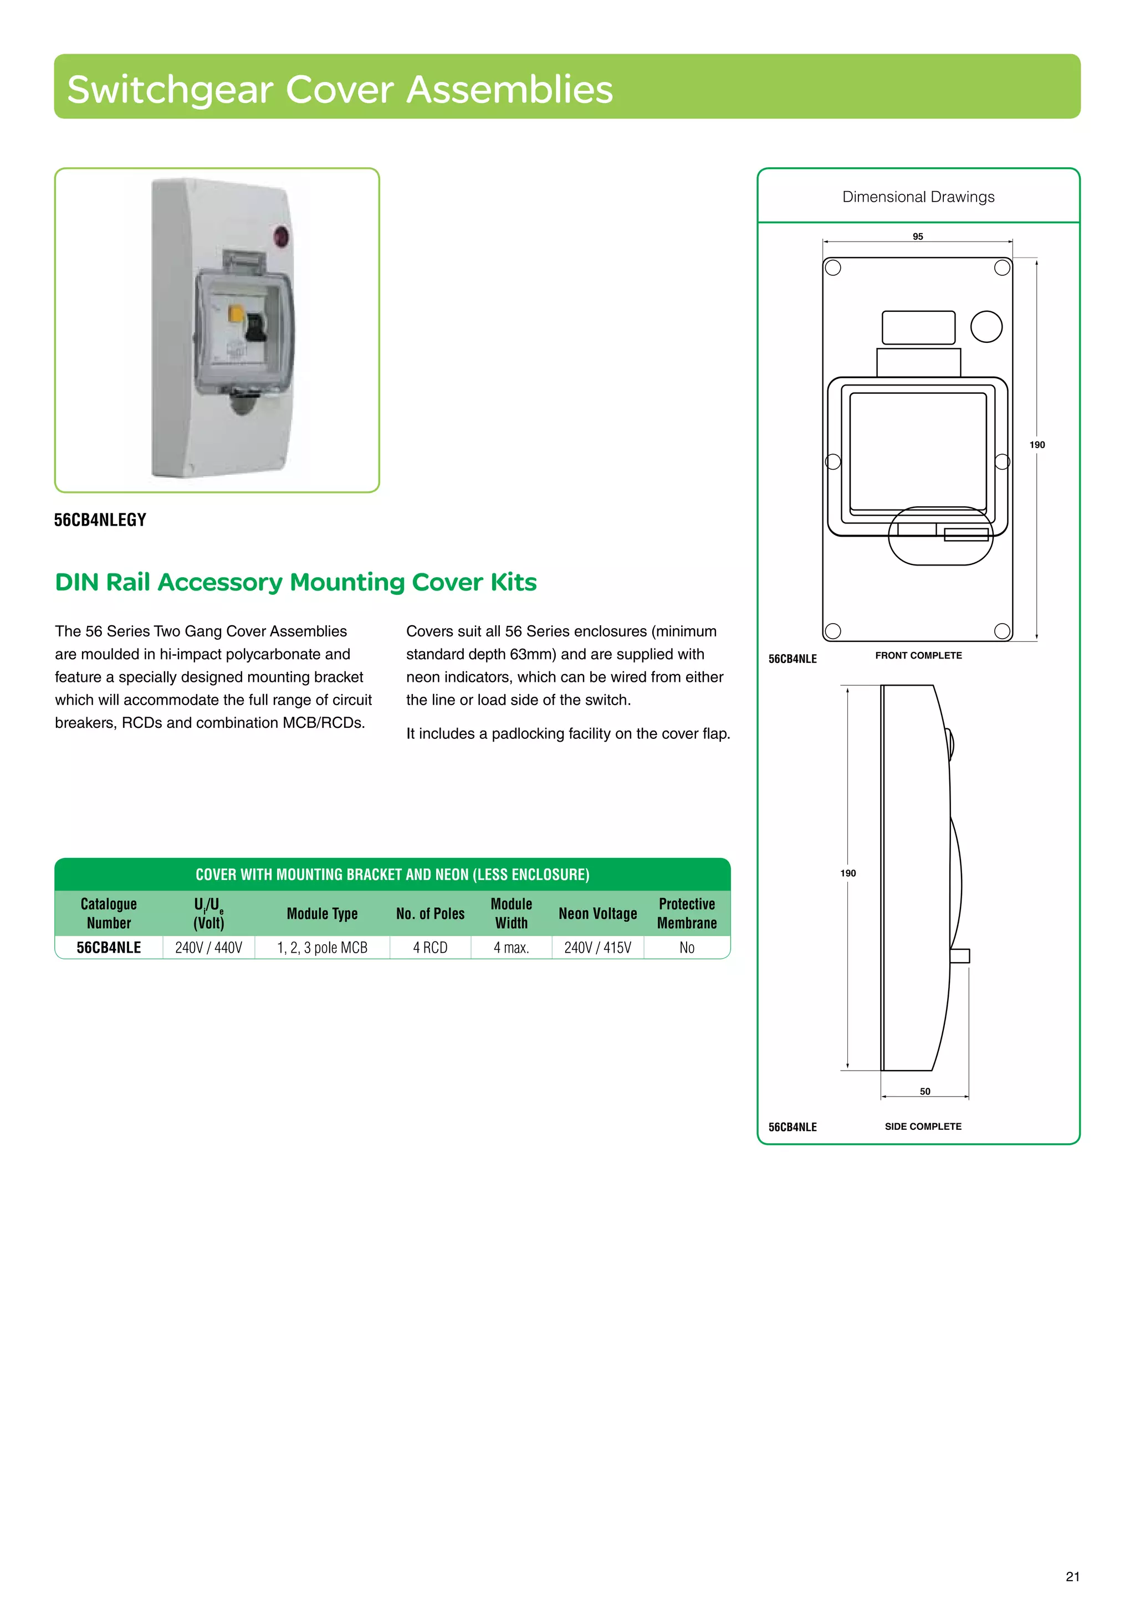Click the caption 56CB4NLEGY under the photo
click(100, 520)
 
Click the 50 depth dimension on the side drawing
click(924, 1091)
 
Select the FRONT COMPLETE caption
click(918, 655)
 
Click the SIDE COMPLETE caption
click(923, 1126)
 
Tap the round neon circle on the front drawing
click(986, 326)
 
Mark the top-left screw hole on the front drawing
click(832, 268)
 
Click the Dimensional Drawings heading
click(918, 197)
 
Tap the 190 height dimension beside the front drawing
click(1037, 444)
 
